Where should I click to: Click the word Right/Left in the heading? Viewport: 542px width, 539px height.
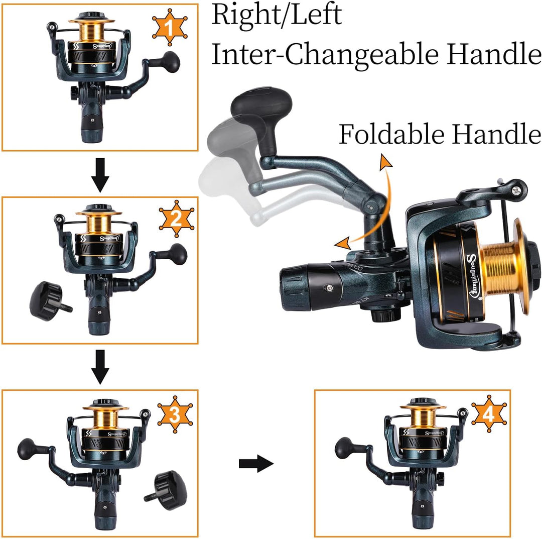(277, 15)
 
